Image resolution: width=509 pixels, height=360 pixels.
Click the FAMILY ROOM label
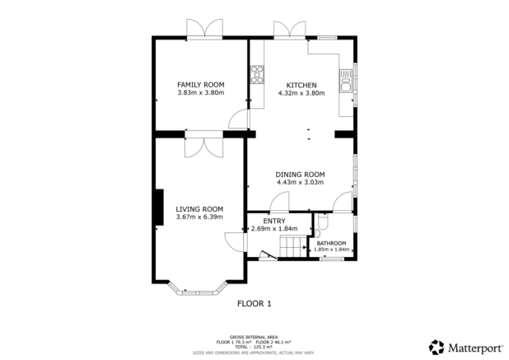point(201,85)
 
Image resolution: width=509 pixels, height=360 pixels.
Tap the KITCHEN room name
point(301,85)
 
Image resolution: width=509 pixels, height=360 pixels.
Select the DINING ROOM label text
point(300,174)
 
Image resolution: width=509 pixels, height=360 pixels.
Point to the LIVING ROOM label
point(199,208)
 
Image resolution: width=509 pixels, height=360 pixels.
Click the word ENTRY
point(273,221)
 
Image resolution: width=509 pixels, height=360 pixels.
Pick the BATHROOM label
point(332,243)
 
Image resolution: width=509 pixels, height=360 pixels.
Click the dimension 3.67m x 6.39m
point(199,217)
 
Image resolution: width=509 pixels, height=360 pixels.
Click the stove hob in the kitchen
point(256,75)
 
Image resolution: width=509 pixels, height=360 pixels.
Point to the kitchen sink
point(346,81)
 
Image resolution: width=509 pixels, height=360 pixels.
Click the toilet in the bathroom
point(323,222)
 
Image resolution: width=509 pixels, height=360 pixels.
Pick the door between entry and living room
point(236,242)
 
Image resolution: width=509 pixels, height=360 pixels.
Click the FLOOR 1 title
point(254,303)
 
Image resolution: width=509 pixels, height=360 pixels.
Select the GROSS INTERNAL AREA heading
point(254,336)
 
